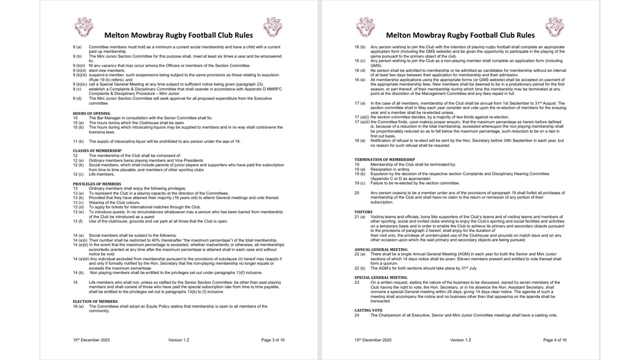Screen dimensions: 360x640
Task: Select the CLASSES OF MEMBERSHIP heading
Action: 97,150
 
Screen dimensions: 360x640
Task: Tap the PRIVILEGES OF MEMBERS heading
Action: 97,184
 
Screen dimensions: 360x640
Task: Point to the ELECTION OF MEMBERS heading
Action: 95,301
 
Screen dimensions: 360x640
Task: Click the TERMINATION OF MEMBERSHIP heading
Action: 384,159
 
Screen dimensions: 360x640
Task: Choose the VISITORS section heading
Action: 363,211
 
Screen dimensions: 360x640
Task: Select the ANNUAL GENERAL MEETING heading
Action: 381,249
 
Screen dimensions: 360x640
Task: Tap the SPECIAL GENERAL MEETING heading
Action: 381,277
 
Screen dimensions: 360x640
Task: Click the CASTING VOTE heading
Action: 368,310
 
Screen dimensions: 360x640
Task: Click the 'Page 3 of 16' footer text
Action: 272,340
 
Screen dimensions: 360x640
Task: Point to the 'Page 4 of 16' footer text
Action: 555,340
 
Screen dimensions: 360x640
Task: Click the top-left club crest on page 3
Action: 83,27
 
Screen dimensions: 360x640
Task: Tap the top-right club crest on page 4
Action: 554,27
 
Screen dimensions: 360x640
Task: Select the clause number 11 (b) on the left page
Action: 78,141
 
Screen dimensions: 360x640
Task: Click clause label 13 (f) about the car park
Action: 77,221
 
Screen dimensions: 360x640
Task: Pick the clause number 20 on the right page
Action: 357,192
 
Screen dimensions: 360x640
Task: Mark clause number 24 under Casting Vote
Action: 357,315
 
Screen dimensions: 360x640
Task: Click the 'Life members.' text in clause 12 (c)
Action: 101,174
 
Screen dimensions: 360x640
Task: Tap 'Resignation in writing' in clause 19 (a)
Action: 390,169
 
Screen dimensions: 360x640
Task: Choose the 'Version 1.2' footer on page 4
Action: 459,340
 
